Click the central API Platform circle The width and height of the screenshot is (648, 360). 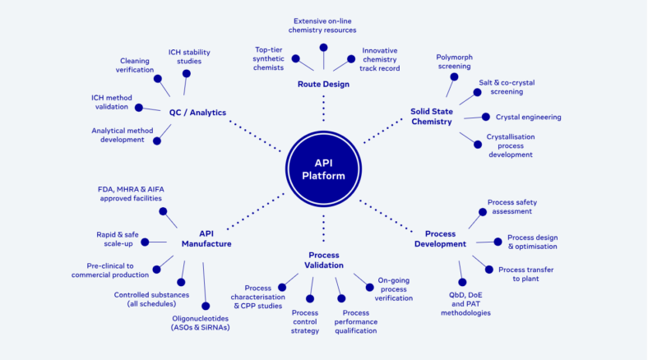pyautogui.click(x=323, y=168)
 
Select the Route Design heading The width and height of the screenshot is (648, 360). pyautogui.click(x=323, y=84)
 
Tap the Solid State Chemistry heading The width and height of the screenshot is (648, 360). pyautogui.click(x=431, y=116)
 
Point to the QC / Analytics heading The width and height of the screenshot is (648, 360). pyautogui.click(x=197, y=113)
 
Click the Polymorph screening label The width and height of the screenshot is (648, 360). pyautogui.click(x=454, y=62)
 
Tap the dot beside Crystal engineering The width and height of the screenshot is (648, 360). pyautogui.click(x=486, y=117)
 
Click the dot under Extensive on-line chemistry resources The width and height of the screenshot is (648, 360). pyautogui.click(x=323, y=47)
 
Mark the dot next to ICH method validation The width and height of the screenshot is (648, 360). pyautogui.click(x=138, y=108)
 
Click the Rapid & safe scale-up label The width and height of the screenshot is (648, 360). pyautogui.click(x=116, y=238)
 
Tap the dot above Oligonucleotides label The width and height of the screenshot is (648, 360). pyautogui.click(x=206, y=306)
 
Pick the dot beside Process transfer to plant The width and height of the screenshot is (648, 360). pyautogui.click(x=489, y=269)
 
